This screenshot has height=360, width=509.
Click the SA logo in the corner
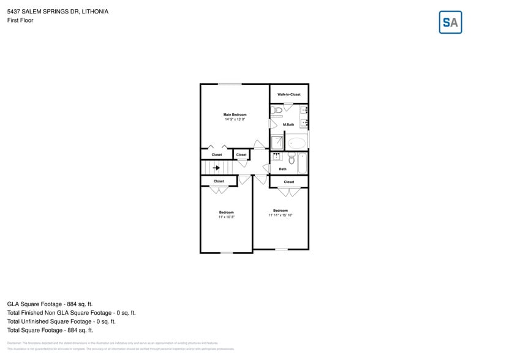click(450, 23)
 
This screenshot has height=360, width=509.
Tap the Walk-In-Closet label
click(289, 94)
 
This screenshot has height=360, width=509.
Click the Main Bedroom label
click(235, 114)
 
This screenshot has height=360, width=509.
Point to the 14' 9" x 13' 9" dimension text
click(235, 120)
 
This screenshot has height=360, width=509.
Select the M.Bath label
click(288, 124)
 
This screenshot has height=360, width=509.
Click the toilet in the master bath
click(276, 110)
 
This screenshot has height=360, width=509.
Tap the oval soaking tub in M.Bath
click(297, 143)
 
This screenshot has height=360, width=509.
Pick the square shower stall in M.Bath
click(277, 143)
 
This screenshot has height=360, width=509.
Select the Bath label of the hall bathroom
click(282, 169)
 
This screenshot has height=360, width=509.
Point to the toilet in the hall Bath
click(292, 159)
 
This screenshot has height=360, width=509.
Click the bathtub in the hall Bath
click(302, 163)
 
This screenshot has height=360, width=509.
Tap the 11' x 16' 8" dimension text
click(227, 217)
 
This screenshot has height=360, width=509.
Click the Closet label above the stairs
click(217, 155)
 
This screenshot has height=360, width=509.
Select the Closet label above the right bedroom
click(289, 182)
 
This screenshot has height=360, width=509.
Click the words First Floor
click(20, 20)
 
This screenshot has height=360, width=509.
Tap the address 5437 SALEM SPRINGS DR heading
click(58, 11)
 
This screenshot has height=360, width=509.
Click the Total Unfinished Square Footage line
click(61, 321)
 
